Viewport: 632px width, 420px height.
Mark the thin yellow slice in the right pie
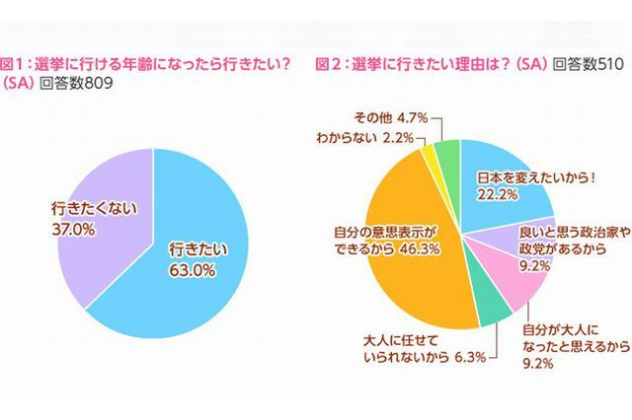(429, 152)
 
